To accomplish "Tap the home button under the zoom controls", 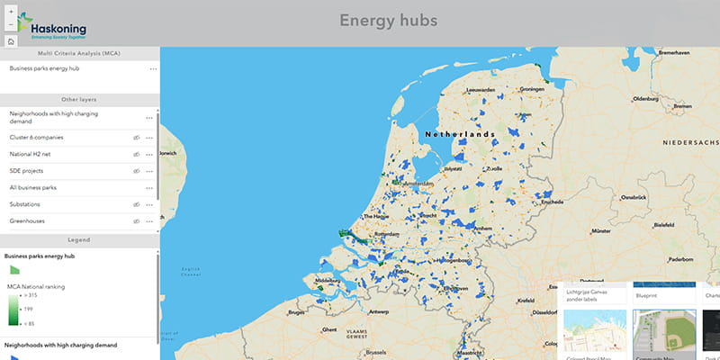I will (10, 40).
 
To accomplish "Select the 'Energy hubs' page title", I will (388, 20).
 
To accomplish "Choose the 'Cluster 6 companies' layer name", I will (36, 138).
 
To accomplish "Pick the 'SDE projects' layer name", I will (27, 171).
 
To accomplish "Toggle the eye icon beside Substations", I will (137, 204).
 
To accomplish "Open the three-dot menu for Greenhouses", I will (149, 221).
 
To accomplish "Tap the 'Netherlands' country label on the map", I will (460, 134).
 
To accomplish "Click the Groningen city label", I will (533, 89).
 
